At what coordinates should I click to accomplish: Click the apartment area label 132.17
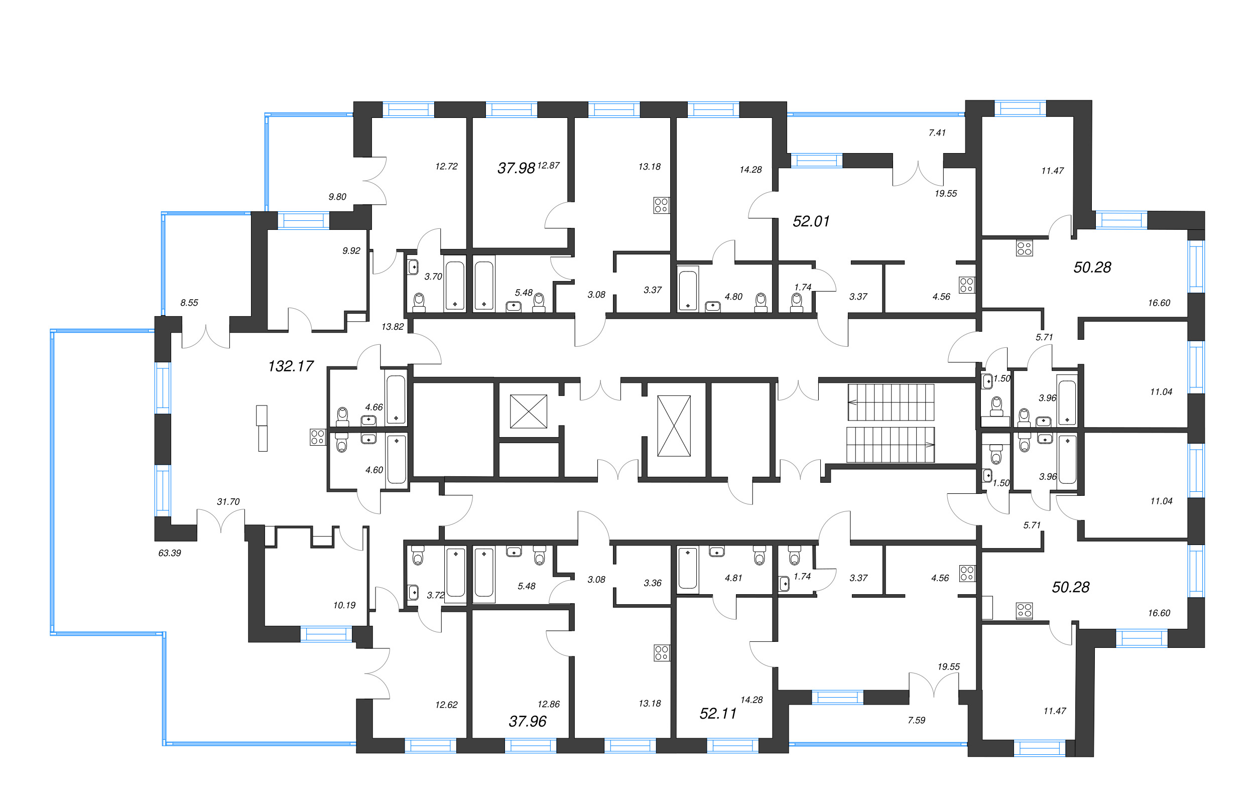tap(290, 366)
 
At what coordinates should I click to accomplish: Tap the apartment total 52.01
tap(811, 221)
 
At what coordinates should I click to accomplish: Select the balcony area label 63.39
tap(169, 553)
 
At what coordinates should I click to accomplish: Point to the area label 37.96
tap(527, 722)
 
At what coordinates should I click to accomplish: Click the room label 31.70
tap(228, 501)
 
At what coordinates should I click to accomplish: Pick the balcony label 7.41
tap(937, 132)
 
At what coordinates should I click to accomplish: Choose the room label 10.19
tap(344, 605)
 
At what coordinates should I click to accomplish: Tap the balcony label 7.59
tap(917, 720)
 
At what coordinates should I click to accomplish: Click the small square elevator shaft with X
tap(528, 412)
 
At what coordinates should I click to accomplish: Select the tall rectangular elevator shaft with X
tap(673, 426)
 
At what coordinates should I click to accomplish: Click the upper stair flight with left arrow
tap(891, 402)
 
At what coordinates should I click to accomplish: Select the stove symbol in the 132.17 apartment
tap(318, 437)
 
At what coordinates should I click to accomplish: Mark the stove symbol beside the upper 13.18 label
tap(661, 205)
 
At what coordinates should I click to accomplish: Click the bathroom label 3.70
tap(433, 276)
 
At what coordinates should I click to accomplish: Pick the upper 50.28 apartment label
tap(1092, 267)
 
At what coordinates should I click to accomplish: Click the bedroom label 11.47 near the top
tap(1052, 170)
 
